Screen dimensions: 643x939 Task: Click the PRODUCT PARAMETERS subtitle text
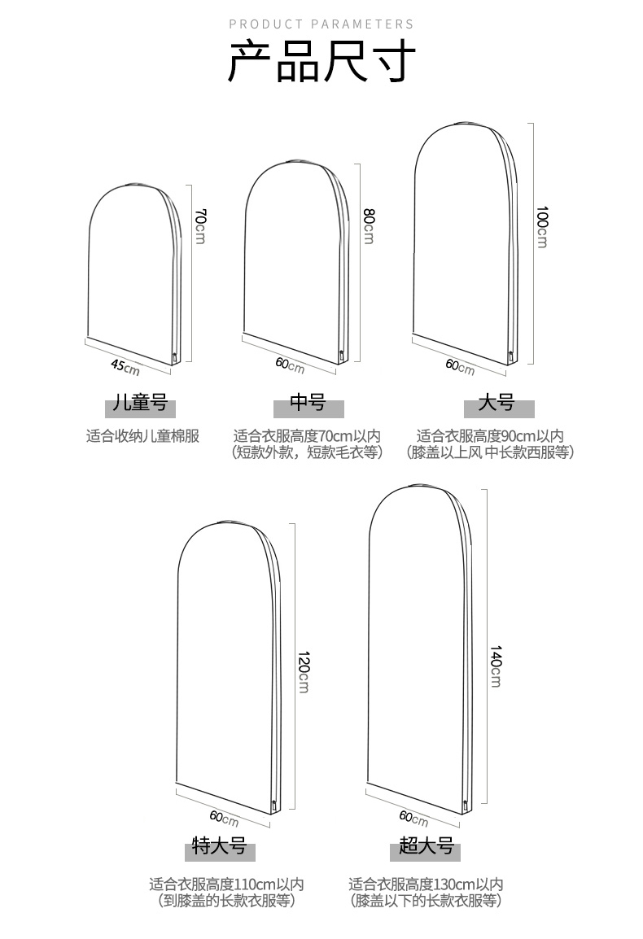(321, 24)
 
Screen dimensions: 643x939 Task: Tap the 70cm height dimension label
(200, 226)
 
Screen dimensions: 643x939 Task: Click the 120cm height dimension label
(303, 671)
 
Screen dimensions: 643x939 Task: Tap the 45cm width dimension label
(125, 367)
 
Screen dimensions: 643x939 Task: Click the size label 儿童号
(141, 404)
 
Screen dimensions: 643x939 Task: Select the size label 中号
(308, 404)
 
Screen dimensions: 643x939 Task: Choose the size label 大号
(496, 404)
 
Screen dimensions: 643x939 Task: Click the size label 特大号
(218, 847)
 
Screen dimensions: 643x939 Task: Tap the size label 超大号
(426, 847)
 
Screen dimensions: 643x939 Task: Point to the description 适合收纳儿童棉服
(142, 436)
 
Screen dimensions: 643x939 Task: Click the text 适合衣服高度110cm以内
(226, 884)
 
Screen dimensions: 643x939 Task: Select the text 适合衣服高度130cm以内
(426, 884)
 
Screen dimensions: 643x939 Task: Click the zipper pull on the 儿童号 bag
(174, 356)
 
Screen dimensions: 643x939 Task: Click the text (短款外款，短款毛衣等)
(308, 453)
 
